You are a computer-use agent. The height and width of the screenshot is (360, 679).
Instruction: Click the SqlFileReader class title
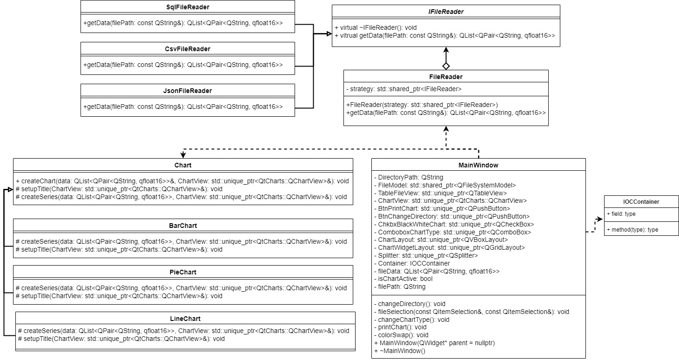(188, 7)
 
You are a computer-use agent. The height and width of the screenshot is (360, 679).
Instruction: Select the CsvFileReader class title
(188, 49)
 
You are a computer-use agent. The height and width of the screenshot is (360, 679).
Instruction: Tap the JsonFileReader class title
(188, 91)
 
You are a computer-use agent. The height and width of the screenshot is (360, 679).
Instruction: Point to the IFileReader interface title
(446, 12)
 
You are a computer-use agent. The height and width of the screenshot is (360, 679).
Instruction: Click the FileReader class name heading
(446, 77)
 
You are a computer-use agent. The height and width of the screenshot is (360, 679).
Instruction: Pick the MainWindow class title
(478, 165)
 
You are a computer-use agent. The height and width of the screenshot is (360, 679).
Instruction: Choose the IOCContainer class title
(641, 202)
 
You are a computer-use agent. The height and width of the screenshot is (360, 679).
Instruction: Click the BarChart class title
(183, 226)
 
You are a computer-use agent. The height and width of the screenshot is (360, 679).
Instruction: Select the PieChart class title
(183, 272)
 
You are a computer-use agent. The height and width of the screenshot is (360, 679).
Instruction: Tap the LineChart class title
(185, 319)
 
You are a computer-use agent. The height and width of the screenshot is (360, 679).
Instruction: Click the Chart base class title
(183, 165)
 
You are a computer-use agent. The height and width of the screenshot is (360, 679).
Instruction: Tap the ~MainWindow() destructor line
(400, 351)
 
